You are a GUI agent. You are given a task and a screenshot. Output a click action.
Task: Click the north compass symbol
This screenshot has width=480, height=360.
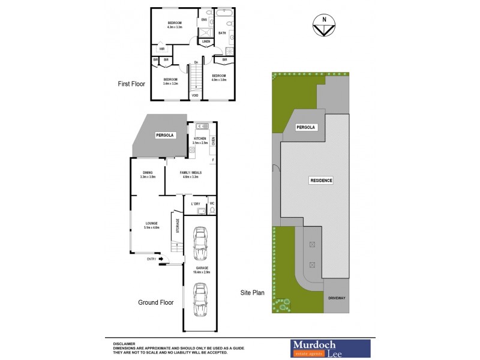point(325,27)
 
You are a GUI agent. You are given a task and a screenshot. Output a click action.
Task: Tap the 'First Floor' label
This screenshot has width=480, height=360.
point(131,85)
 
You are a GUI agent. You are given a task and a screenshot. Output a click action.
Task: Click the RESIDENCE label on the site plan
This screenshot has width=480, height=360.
point(321,180)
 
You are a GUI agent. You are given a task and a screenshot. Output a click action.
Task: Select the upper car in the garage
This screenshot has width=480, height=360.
point(199,242)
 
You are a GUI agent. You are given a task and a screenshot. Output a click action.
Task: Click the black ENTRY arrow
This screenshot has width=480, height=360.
point(161,259)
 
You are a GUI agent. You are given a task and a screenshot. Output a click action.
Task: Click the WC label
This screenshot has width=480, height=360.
point(212,204)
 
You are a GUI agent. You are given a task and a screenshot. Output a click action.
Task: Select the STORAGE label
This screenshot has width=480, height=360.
point(178,225)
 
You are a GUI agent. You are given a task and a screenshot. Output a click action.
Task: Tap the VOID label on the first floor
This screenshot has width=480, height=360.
point(195,95)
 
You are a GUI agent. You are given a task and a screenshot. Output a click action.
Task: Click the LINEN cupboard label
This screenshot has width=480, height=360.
point(205,41)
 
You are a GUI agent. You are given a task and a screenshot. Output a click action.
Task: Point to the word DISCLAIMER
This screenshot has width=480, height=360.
point(122,340)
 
